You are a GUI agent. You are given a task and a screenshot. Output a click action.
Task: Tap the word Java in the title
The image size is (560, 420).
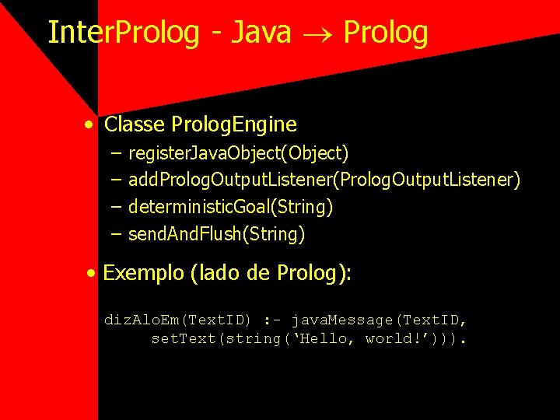261,33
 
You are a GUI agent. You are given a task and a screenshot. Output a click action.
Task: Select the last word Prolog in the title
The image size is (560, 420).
385,33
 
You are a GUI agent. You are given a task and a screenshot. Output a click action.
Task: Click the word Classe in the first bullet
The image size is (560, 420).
135,124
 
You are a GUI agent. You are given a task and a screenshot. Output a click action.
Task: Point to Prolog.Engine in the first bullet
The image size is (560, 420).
234,124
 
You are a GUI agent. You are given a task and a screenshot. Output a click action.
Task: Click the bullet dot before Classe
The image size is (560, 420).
91,125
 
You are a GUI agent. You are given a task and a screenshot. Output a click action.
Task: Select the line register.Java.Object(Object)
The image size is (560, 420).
238,153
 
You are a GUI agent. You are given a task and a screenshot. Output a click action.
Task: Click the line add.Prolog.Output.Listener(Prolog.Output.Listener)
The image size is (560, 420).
324,180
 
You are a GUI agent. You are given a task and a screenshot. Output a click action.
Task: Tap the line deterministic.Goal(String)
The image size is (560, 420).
230,207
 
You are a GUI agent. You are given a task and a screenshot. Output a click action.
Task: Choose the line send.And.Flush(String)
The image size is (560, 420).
216,233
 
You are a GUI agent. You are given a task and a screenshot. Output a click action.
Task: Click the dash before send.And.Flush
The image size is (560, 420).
116,233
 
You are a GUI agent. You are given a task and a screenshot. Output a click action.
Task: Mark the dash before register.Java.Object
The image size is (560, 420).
116,153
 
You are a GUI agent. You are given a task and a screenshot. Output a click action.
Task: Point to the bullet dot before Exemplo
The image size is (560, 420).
92,274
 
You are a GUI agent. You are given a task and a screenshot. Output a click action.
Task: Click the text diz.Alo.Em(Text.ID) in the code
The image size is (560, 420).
177,320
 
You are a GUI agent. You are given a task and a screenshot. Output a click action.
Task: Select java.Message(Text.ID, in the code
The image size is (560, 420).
379,320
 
